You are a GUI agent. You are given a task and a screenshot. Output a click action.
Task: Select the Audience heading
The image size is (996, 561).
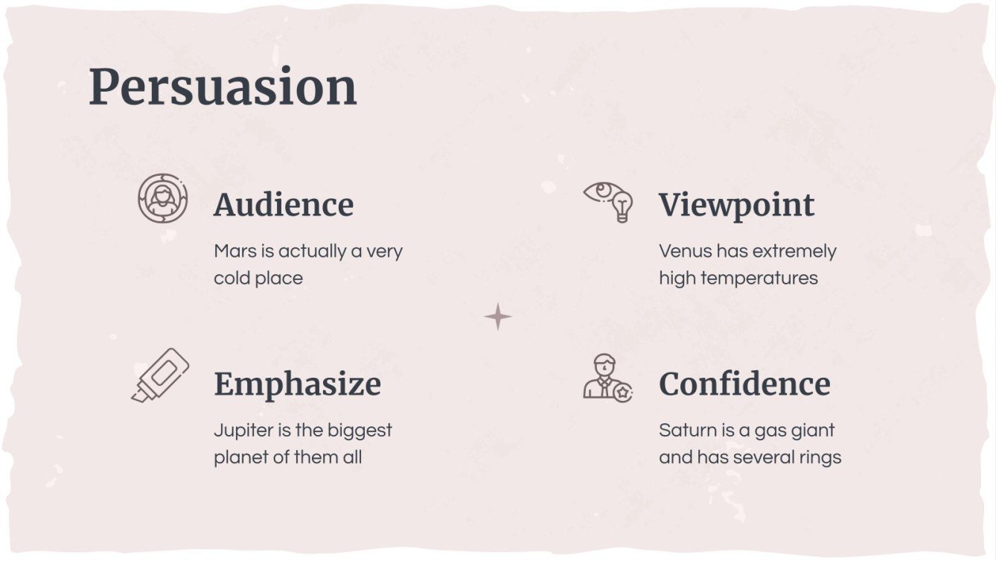[284, 205]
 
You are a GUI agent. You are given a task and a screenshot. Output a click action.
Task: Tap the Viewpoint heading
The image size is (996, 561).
[736, 205]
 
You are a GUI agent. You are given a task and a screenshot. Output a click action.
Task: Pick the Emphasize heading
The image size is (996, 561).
[297, 384]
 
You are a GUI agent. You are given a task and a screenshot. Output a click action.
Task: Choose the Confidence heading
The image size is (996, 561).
[744, 384]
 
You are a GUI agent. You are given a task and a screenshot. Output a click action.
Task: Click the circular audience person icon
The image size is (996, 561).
[162, 198]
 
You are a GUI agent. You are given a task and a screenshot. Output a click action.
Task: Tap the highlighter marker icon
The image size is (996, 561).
[160, 375]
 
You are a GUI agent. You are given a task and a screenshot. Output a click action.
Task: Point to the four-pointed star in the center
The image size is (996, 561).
[498, 317]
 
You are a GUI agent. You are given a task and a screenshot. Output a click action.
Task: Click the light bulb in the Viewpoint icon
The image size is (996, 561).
[621, 205]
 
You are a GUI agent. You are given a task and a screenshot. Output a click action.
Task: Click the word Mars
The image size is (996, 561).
[234, 251]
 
